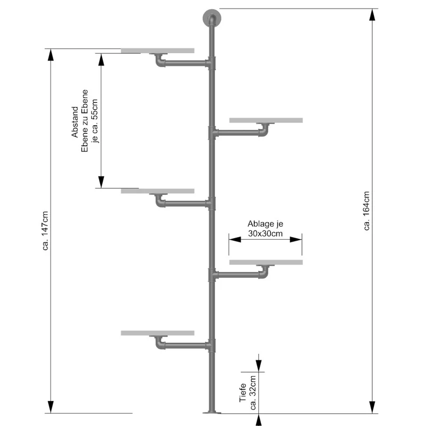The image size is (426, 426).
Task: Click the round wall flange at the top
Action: [212, 18]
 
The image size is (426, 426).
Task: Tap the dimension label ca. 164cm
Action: [366, 211]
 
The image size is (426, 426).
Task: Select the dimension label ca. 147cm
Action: [45, 231]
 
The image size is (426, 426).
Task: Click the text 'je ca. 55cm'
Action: [94, 121]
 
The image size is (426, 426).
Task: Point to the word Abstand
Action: [75, 122]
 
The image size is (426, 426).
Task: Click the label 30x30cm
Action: [265, 234]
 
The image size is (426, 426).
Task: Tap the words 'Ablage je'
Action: [265, 224]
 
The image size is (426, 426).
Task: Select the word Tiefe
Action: [243, 392]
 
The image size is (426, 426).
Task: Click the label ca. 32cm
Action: [252, 392]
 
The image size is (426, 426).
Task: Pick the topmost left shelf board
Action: [158, 51]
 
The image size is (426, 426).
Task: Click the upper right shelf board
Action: [266, 120]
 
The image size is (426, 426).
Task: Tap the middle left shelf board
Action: [158, 191]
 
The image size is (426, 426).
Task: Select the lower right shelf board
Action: [266, 262]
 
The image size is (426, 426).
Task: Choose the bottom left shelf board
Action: [158, 333]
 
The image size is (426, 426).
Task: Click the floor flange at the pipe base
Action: [212, 412]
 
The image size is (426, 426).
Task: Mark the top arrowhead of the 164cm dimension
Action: [372, 15]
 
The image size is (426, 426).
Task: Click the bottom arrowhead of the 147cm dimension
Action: [51, 407]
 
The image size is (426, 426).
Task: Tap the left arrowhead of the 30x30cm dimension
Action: [235, 239]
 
